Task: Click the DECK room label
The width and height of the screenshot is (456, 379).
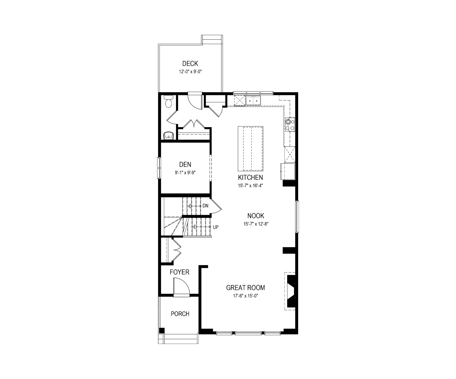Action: pos(190,64)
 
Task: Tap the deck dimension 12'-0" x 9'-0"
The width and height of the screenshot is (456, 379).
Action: pos(190,72)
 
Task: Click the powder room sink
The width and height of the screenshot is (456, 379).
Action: pos(169,135)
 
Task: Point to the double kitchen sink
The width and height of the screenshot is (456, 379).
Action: pos(253,101)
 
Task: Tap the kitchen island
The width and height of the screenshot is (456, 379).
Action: pos(251,148)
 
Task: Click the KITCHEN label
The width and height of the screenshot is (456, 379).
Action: pos(251,177)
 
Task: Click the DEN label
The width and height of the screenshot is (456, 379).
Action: pos(185,164)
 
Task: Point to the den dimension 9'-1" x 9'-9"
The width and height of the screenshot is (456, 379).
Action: pos(185,173)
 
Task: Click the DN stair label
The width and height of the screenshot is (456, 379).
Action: pos(205,206)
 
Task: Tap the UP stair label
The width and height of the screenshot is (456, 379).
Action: pos(216,227)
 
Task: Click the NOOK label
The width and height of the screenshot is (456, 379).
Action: pos(256,216)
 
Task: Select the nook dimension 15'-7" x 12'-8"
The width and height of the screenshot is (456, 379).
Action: pos(256,224)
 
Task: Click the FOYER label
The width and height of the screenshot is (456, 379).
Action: pos(180,272)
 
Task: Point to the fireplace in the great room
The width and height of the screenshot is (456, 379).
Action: pos(291,291)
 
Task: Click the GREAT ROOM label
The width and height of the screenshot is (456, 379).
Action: pos(245,288)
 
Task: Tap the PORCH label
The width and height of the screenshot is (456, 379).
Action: pos(180,314)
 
